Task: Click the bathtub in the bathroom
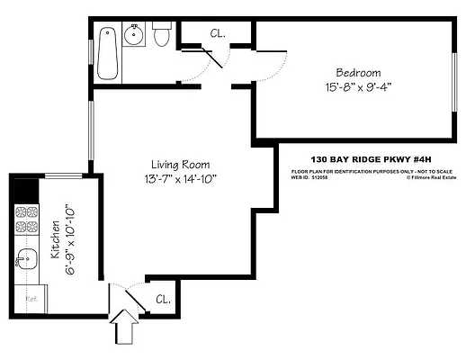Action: coord(107,51)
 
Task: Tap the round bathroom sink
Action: coord(135,37)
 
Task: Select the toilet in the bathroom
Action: coord(162,36)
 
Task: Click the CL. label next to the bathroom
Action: coord(217,34)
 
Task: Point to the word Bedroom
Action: coord(358,72)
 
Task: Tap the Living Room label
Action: coord(181,165)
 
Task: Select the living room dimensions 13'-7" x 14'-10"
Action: coord(181,179)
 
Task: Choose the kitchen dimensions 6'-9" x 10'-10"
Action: coord(70,238)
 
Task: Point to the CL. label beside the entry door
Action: coord(163,300)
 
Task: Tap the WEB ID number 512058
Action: coord(321,177)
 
